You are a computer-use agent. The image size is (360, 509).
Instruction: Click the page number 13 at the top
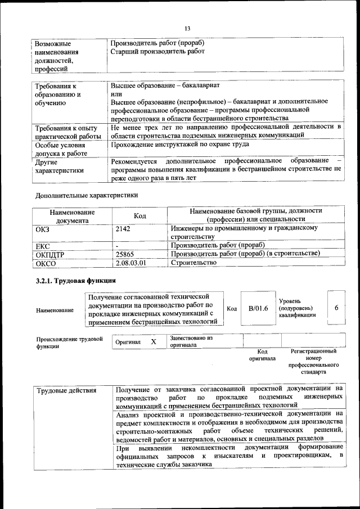click(187, 29)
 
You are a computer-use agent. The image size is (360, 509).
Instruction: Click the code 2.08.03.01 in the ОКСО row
click(130, 263)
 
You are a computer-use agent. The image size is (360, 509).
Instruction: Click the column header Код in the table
click(139, 217)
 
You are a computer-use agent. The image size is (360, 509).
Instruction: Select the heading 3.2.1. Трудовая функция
click(75, 280)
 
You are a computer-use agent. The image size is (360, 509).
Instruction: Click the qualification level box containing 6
click(336, 308)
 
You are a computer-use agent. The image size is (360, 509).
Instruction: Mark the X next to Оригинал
click(153, 341)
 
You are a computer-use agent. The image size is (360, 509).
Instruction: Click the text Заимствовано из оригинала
click(191, 341)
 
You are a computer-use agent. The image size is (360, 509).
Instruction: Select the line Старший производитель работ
click(157, 52)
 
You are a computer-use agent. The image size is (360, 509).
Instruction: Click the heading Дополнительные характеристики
click(86, 195)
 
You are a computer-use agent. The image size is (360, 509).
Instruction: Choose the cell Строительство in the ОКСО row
click(193, 263)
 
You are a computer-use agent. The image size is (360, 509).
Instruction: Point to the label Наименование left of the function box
click(55, 310)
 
